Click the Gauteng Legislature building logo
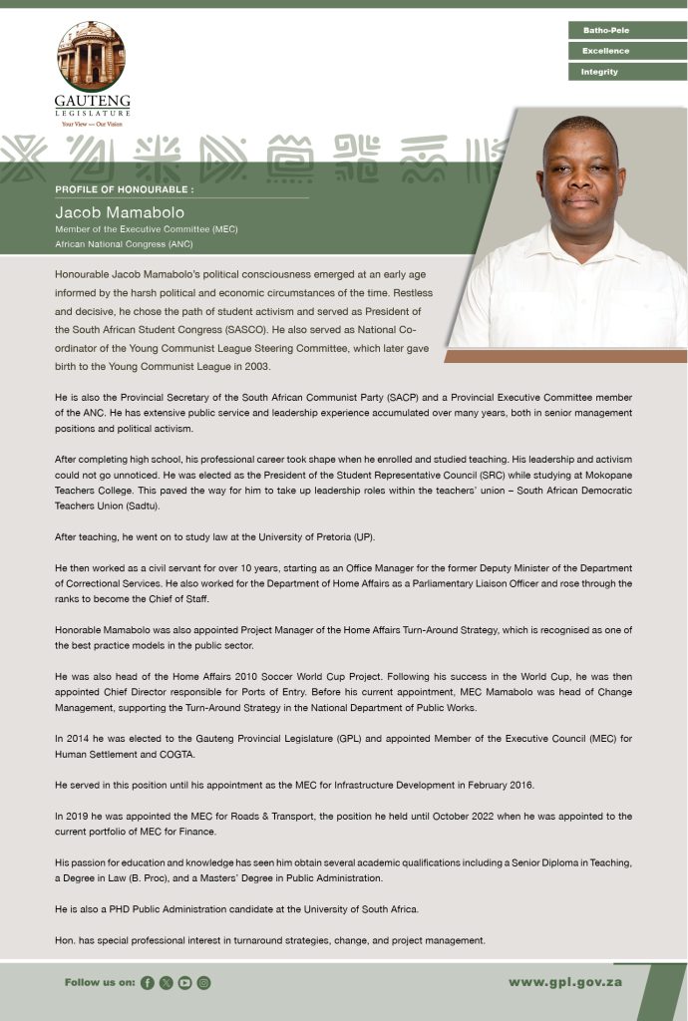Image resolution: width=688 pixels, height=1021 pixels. [91, 58]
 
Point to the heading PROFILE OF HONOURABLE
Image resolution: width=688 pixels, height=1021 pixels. [124, 188]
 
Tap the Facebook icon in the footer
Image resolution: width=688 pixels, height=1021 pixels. [148, 983]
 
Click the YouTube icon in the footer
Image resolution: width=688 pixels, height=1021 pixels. [184, 983]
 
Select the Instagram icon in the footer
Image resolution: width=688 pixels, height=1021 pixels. [203, 983]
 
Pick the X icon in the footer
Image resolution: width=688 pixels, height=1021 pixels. [166, 983]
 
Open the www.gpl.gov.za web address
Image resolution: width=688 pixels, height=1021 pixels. [565, 982]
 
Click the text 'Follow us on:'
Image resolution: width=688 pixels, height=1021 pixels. [100, 983]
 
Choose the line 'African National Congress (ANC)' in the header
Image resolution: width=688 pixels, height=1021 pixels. [124, 243]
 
